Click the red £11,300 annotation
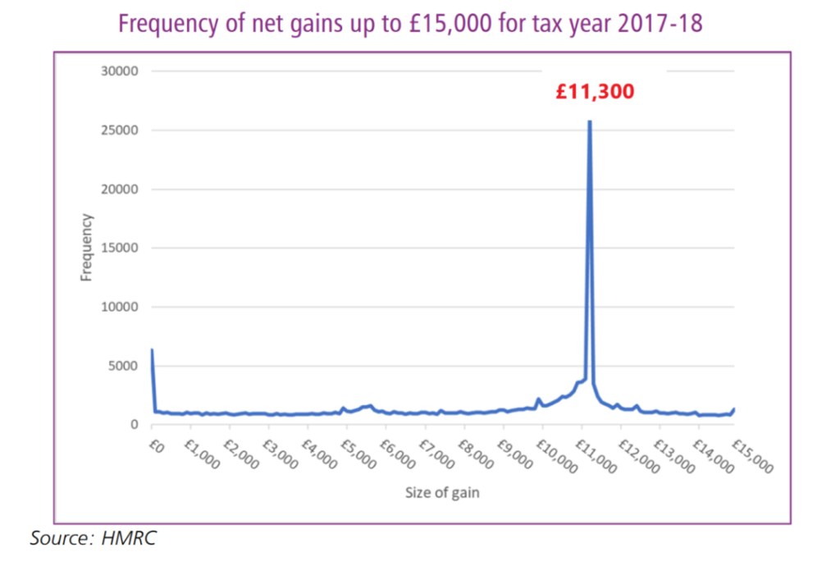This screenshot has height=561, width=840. (x=595, y=92)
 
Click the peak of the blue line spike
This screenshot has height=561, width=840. (x=589, y=122)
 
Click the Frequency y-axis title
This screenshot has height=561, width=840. (x=86, y=248)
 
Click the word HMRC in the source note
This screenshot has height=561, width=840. (x=129, y=539)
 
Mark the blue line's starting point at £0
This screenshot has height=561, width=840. (x=152, y=350)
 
